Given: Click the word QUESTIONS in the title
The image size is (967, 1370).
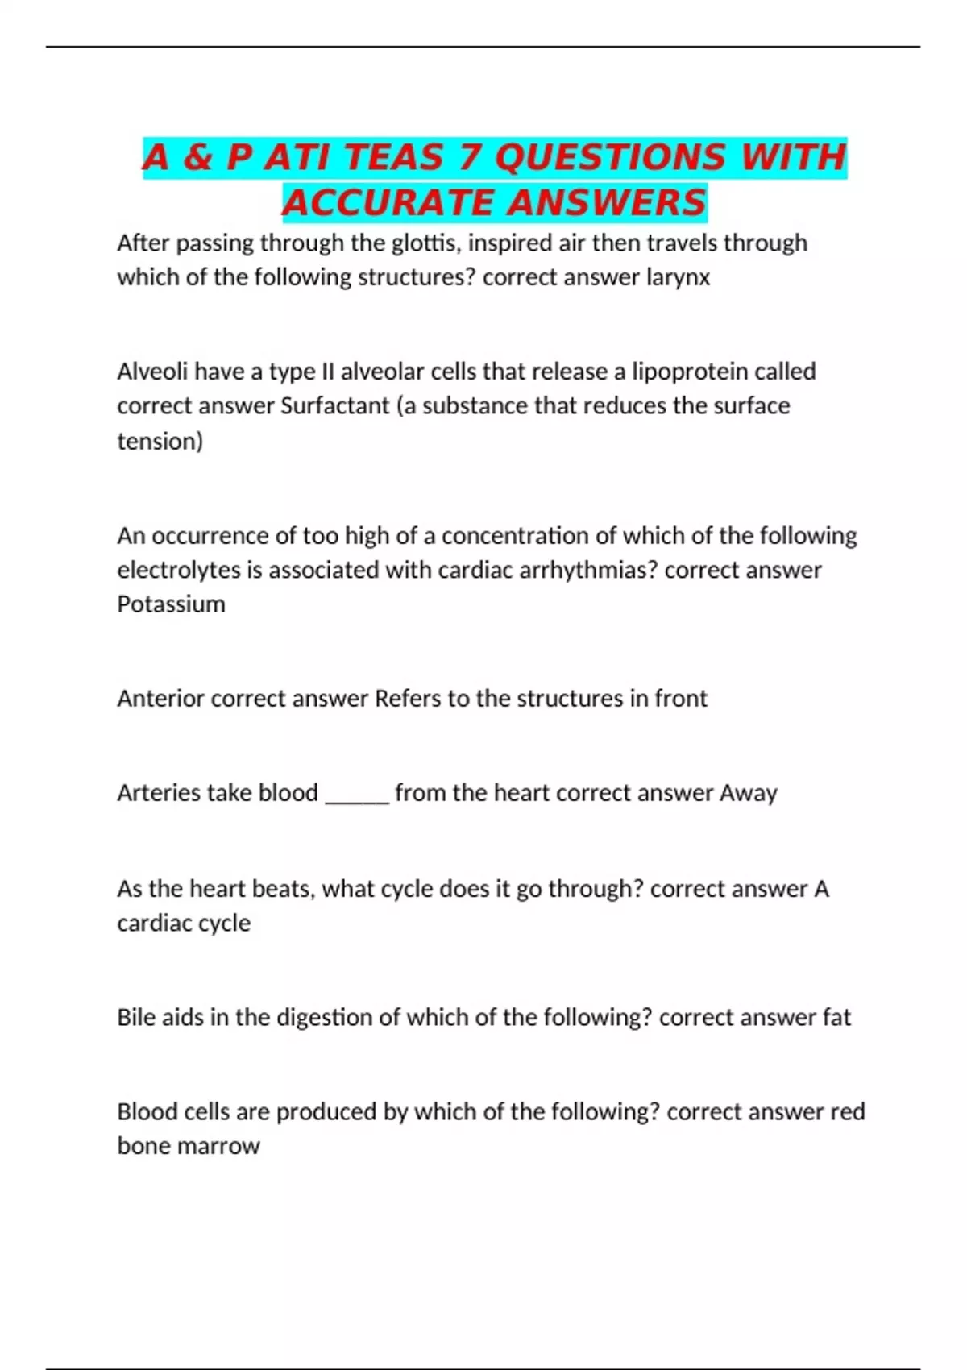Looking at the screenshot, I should [x=609, y=157].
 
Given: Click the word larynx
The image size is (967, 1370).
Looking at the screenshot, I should [x=678, y=277].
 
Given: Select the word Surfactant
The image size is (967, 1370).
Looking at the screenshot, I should [x=334, y=405].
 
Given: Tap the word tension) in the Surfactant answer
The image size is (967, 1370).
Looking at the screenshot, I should [x=160, y=441].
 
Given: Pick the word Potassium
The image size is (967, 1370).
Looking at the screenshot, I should [x=171, y=604].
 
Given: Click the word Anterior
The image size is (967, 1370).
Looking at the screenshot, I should [x=160, y=698].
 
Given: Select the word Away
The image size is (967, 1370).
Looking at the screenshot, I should [x=749, y=793].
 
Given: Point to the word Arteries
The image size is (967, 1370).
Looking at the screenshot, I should [x=158, y=793].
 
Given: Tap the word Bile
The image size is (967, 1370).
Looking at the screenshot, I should [x=135, y=1017].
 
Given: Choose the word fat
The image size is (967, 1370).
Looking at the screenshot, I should [x=836, y=1017].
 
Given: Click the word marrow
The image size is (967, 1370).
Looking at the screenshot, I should [x=220, y=1146].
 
